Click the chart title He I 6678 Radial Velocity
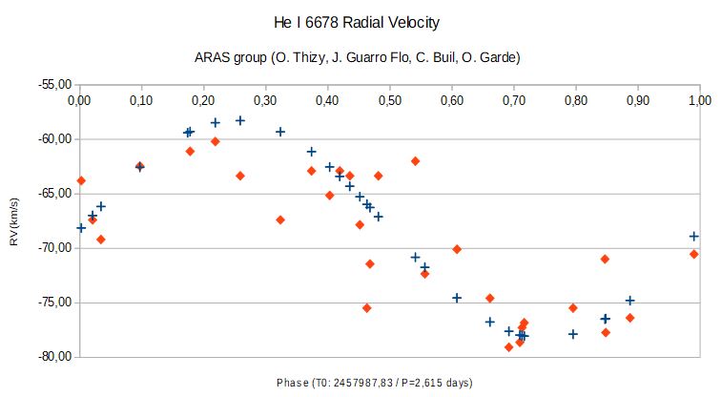pyautogui.click(x=360, y=21)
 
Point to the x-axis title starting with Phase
pyautogui.click(x=373, y=383)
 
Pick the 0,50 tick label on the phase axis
pyautogui.click(x=390, y=99)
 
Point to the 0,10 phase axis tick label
pyautogui.click(x=141, y=99)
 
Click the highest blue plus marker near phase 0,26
pyautogui.click(x=240, y=121)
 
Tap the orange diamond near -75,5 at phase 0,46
pyautogui.click(x=367, y=308)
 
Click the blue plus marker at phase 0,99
pyautogui.click(x=694, y=236)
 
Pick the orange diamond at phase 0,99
pyautogui.click(x=694, y=254)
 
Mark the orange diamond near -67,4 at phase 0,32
pyautogui.click(x=280, y=219)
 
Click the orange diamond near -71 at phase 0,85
pyautogui.click(x=606, y=260)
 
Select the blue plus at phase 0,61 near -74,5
pyautogui.click(x=457, y=298)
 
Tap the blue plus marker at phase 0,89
pyautogui.click(x=629, y=301)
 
